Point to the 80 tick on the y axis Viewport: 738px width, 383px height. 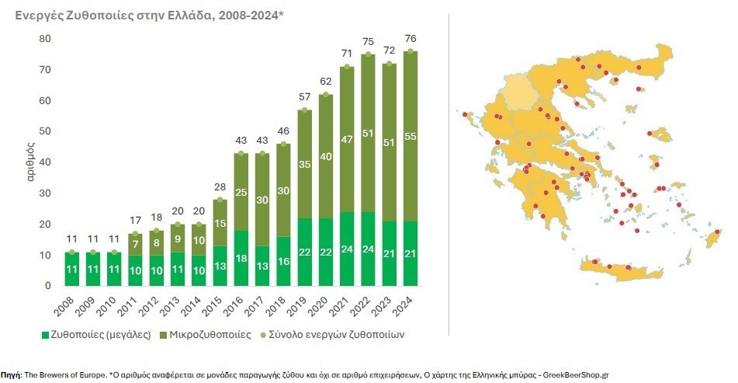[x=44, y=39]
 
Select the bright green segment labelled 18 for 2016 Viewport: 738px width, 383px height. [x=241, y=258]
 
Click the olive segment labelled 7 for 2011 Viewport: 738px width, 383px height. [x=136, y=244]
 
